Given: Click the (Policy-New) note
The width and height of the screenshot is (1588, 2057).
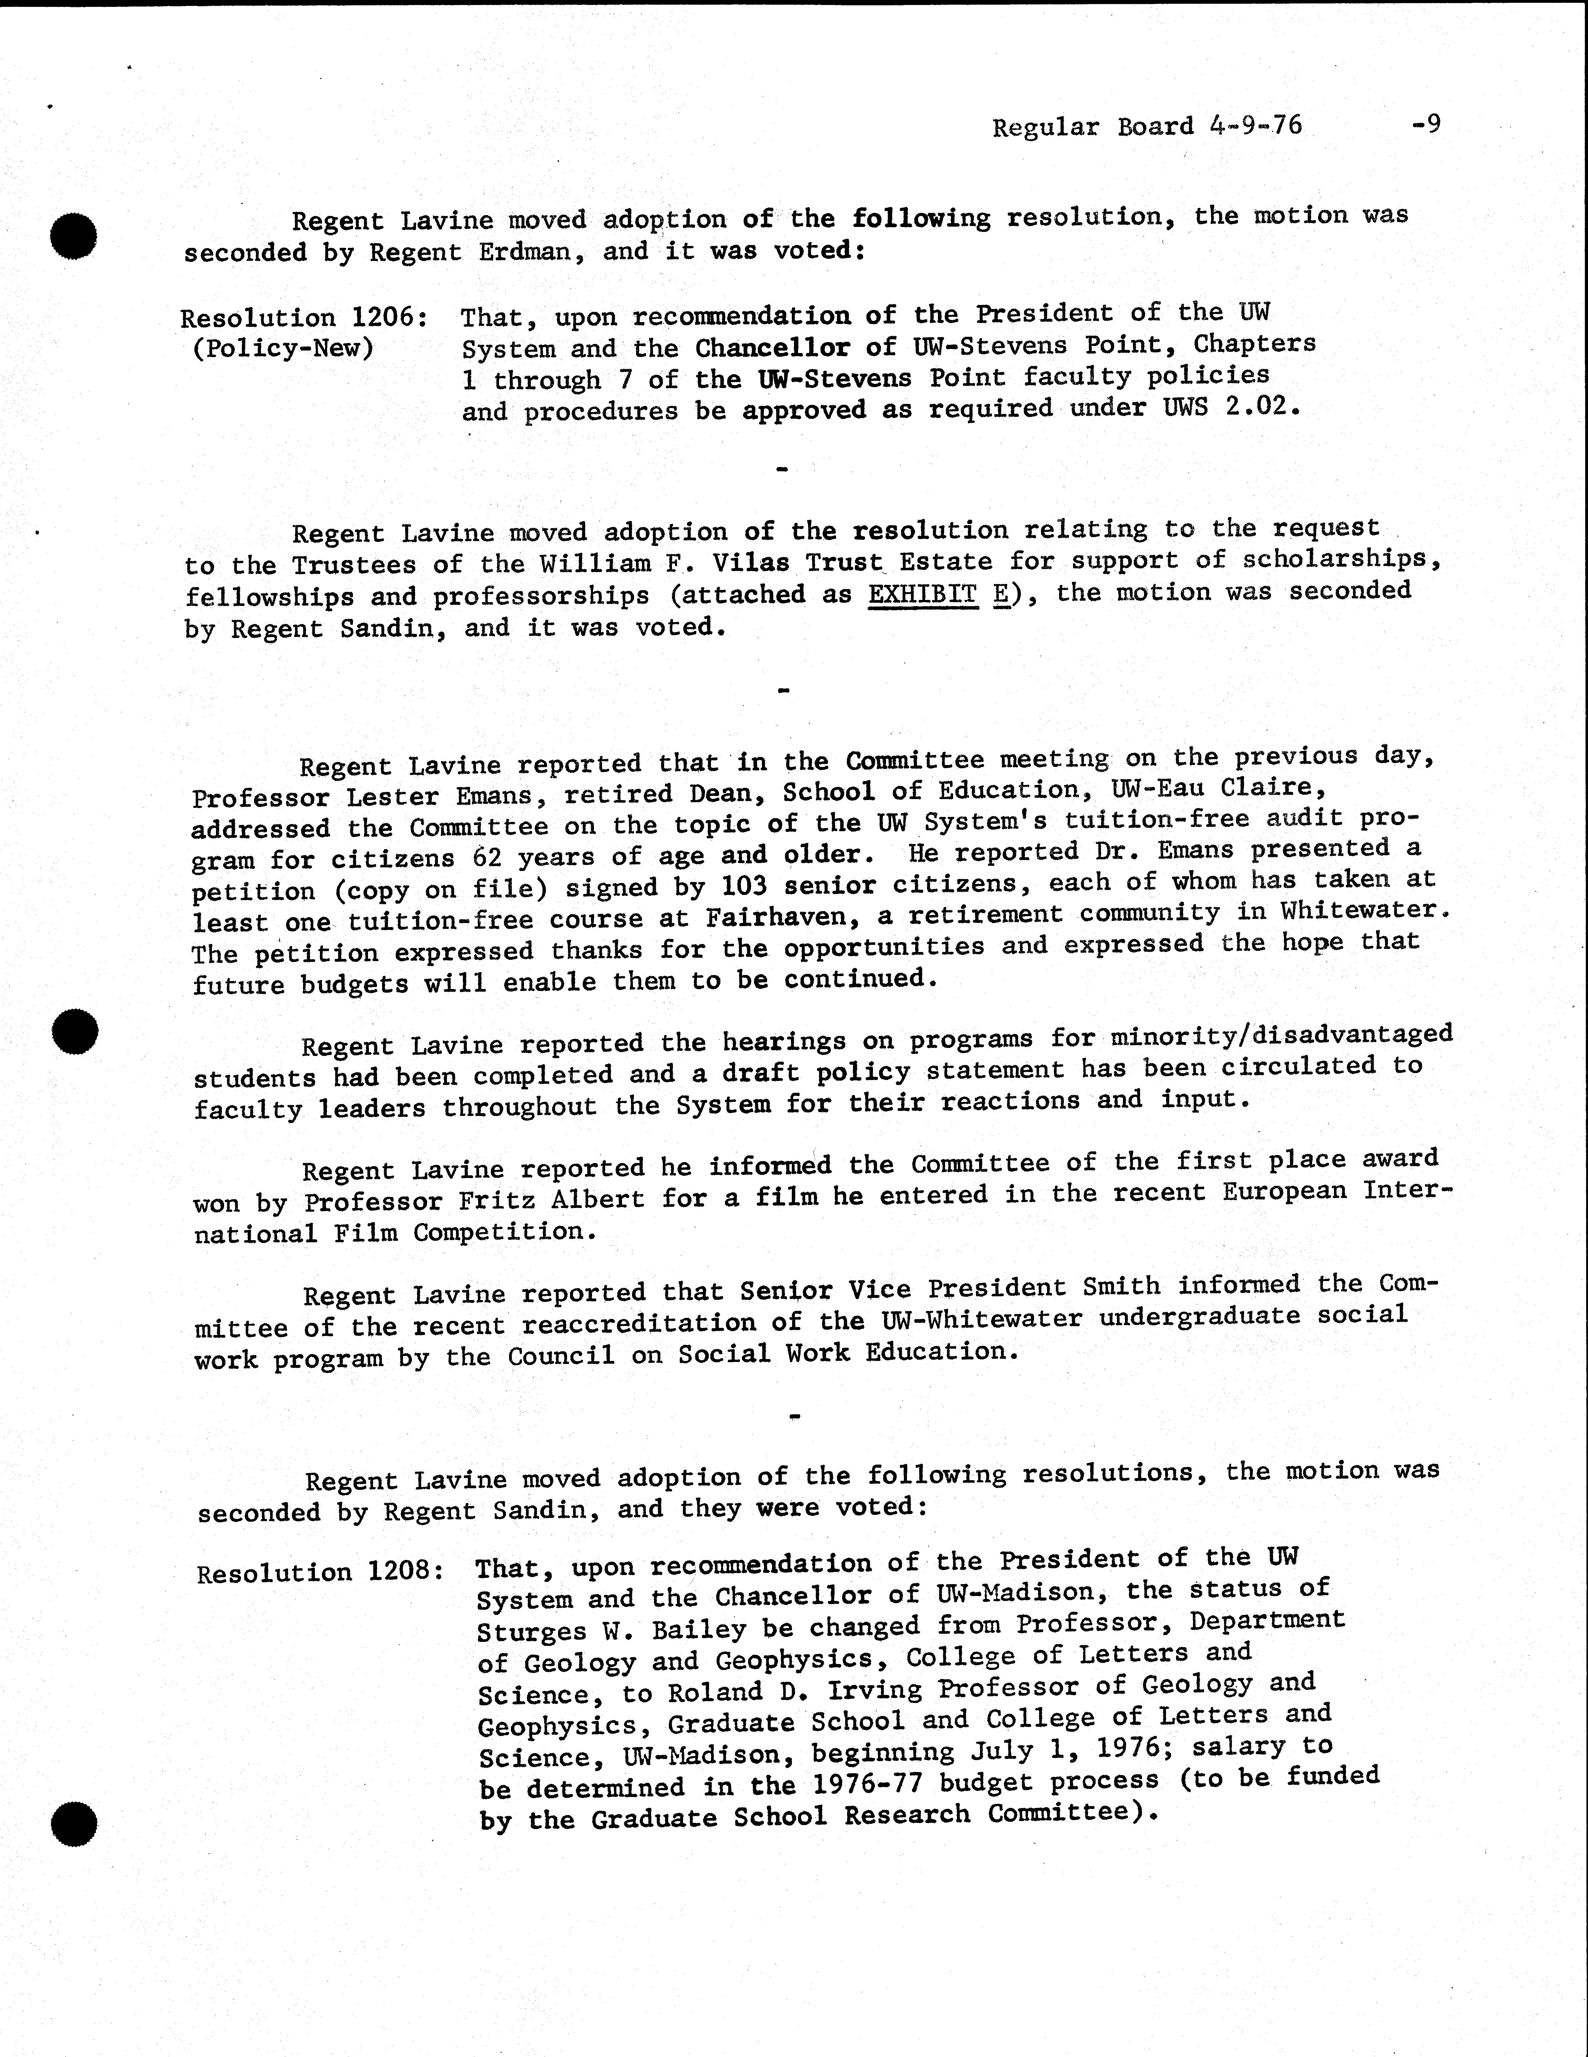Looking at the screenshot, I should [282, 349].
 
